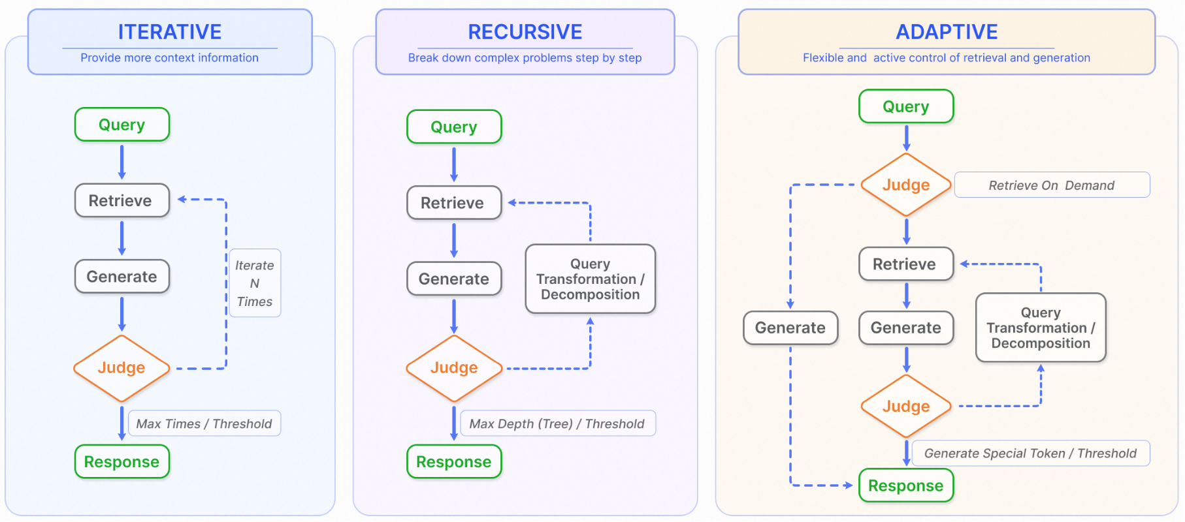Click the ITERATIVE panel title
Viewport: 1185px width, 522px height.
(170, 31)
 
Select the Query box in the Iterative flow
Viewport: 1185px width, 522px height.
(122, 125)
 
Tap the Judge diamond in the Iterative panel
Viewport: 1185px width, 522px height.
(122, 368)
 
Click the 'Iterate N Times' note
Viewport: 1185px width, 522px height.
(255, 283)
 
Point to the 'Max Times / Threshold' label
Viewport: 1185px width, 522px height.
(204, 423)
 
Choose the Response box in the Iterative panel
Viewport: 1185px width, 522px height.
(122, 462)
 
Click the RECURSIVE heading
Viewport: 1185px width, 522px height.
(525, 31)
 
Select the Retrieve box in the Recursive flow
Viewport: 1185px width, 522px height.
(454, 203)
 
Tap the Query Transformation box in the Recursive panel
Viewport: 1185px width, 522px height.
(591, 279)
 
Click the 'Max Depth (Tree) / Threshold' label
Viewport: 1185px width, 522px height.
(557, 423)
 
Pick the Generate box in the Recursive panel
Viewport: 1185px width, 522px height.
(454, 279)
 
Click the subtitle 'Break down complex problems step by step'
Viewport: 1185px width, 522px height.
(525, 57)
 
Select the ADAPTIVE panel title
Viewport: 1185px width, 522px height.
(947, 31)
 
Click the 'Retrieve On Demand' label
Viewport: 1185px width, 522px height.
(1052, 185)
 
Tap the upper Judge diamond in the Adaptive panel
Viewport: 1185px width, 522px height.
(906, 185)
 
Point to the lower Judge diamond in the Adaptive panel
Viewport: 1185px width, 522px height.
(906, 406)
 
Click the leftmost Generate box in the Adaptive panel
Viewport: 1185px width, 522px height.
(790, 328)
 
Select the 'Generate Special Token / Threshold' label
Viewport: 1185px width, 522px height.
(1031, 453)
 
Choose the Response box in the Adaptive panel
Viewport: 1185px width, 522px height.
(906, 485)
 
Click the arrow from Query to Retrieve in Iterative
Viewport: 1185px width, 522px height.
(122, 162)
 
